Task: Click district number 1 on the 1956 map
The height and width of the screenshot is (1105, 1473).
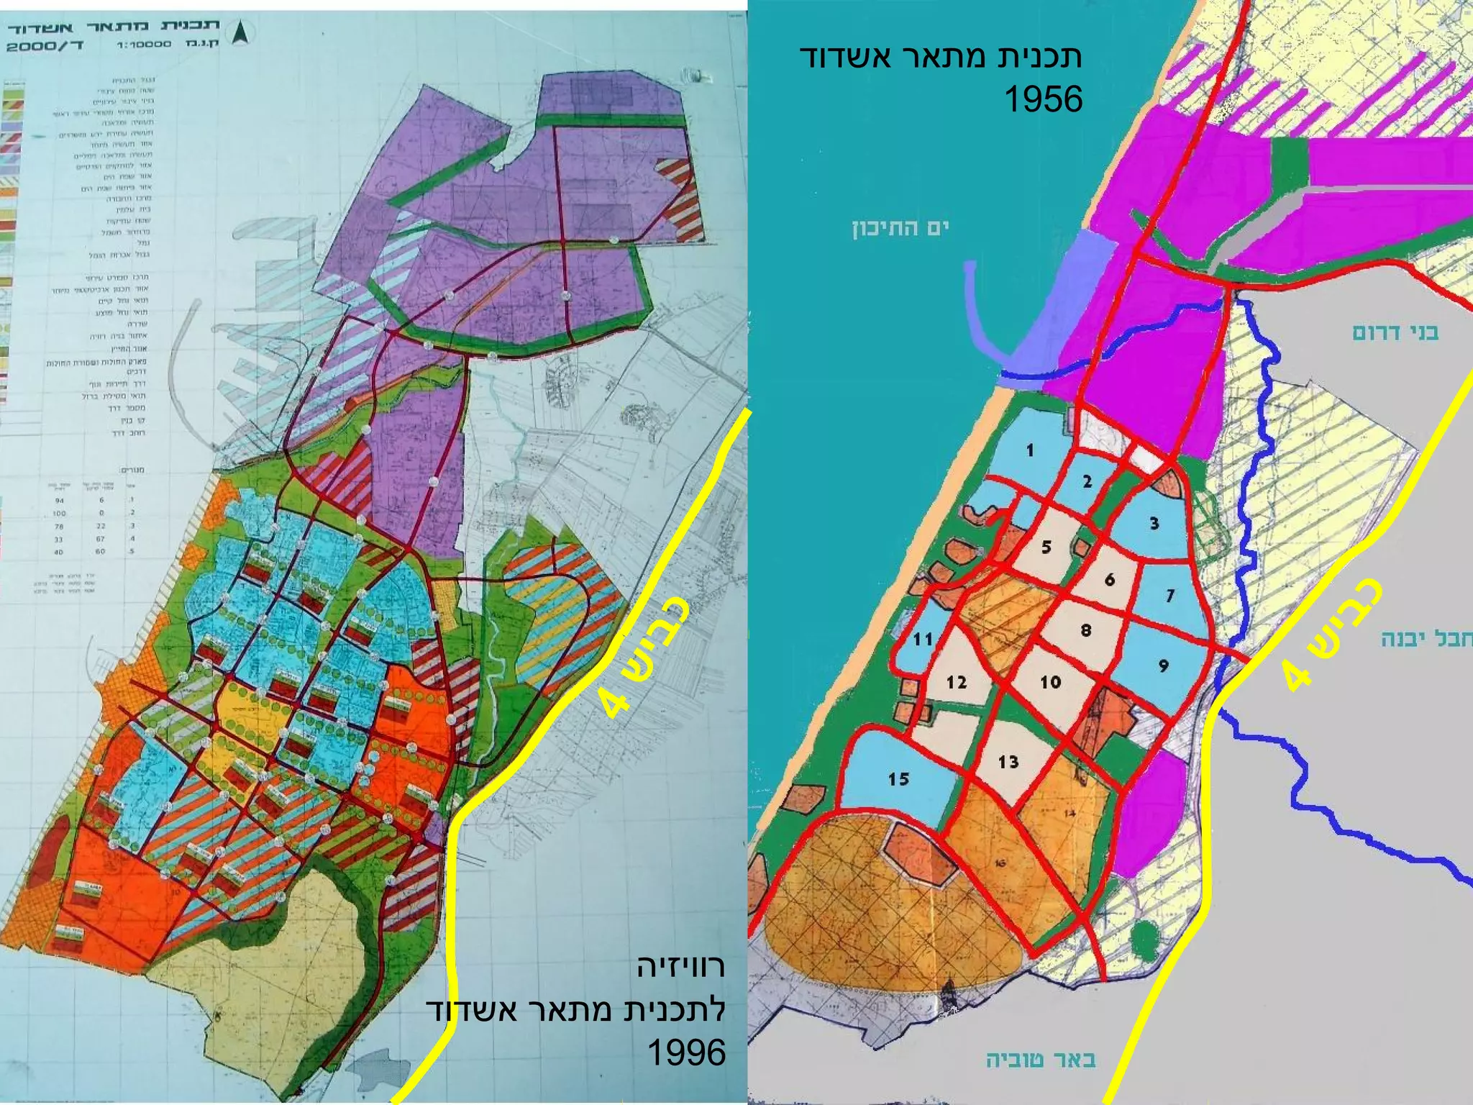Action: pyautogui.click(x=1030, y=451)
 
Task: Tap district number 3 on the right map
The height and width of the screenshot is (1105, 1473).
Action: pyautogui.click(x=1154, y=523)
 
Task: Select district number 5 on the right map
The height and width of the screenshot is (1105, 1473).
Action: pyautogui.click(x=1046, y=547)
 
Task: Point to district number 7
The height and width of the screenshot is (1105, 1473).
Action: pyautogui.click(x=1170, y=596)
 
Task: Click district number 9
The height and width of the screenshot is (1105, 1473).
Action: pyautogui.click(x=1164, y=666)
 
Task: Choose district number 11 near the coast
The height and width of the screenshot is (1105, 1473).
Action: pyautogui.click(x=923, y=639)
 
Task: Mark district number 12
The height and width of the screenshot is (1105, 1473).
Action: pyautogui.click(x=957, y=682)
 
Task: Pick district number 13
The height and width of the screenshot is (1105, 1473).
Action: pyautogui.click(x=1008, y=762)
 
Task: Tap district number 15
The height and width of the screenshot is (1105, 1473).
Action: pyautogui.click(x=898, y=779)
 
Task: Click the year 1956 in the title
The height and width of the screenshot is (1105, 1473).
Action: pyautogui.click(x=1043, y=99)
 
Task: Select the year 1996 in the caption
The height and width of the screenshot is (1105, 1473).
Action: pyautogui.click(x=686, y=1052)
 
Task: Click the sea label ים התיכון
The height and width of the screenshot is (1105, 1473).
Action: pyautogui.click(x=900, y=229)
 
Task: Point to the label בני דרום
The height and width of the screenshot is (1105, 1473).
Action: pyautogui.click(x=1395, y=332)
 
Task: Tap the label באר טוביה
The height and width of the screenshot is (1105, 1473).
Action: pyautogui.click(x=1041, y=1060)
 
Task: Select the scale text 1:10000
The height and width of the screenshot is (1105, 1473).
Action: pyautogui.click(x=144, y=45)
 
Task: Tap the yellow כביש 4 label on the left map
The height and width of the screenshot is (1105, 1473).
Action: pyautogui.click(x=645, y=658)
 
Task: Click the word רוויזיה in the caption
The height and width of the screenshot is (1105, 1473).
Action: pyautogui.click(x=680, y=966)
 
